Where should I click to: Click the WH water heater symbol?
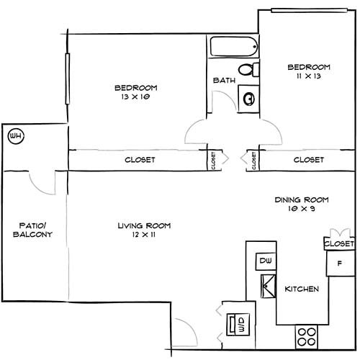tap(14, 135)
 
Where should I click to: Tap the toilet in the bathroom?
tap(247, 71)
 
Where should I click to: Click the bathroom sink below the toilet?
tap(248, 98)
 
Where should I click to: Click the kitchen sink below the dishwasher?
tap(266, 286)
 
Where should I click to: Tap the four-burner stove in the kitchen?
tap(307, 336)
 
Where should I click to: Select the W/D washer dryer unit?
tap(235, 324)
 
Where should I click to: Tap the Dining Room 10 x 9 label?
tap(302, 204)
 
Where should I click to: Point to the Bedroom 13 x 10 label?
tap(135, 93)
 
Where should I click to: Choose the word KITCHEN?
tap(302, 289)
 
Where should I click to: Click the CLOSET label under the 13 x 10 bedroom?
tap(140, 160)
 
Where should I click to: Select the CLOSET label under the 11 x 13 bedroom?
tap(309, 160)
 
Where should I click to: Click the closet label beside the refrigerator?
tap(339, 244)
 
